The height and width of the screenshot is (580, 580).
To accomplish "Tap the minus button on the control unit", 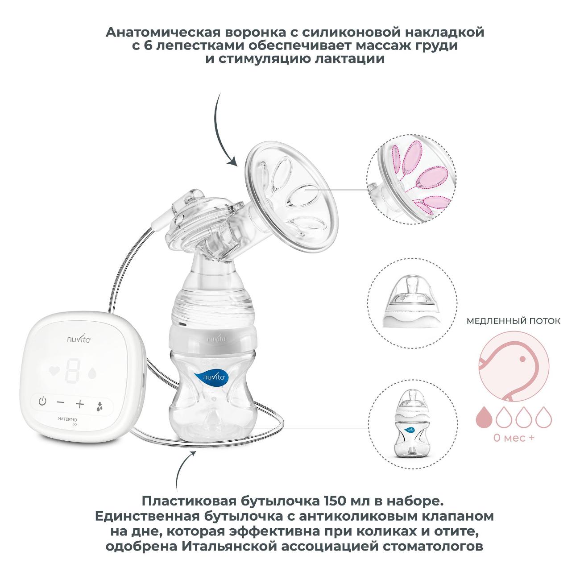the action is click(61, 402).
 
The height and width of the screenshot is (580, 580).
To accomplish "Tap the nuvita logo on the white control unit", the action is click(79, 339).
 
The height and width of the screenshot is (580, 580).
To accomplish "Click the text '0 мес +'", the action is click(514, 437).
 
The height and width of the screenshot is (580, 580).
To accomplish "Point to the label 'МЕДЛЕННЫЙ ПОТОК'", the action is click(514, 321).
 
